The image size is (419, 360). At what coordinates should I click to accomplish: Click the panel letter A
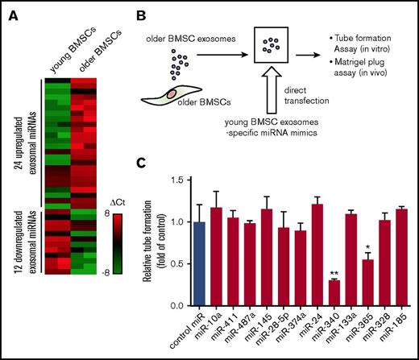coord(11,10)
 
